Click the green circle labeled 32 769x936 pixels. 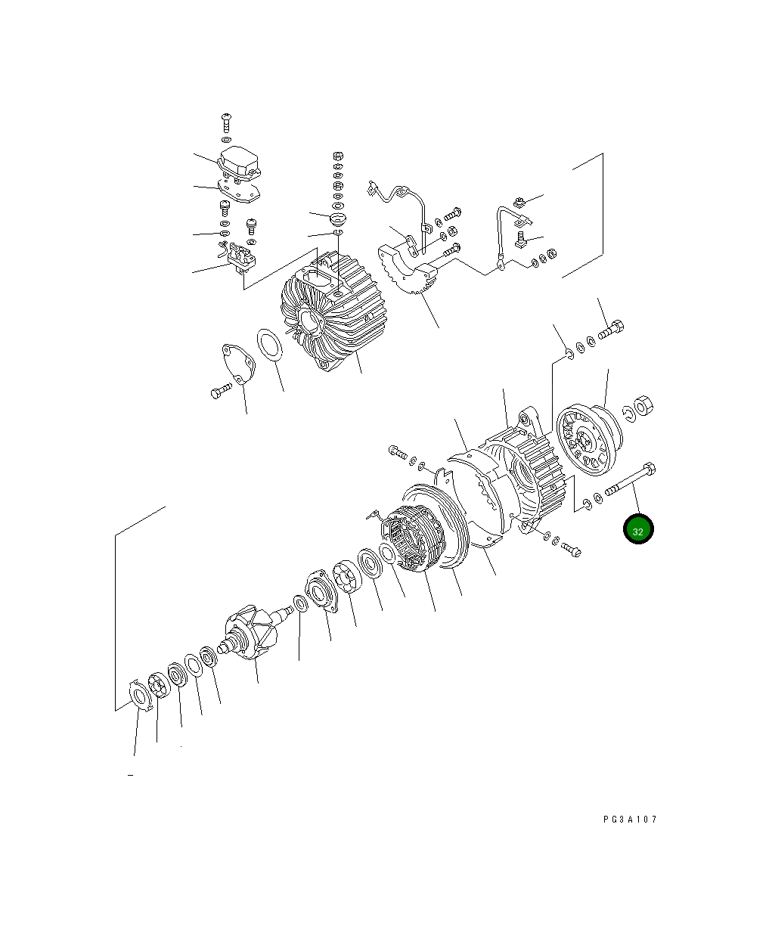pos(637,530)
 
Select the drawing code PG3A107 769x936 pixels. pos(630,819)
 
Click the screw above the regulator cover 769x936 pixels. pos(225,122)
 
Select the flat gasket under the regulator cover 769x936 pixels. pos(238,192)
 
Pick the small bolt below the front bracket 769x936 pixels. pos(571,550)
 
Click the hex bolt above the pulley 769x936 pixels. pos(612,330)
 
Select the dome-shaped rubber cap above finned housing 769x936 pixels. pos(337,219)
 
